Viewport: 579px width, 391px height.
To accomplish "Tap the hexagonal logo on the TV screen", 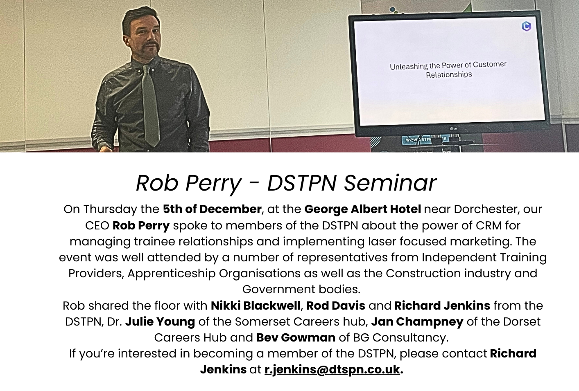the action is [x=527, y=26].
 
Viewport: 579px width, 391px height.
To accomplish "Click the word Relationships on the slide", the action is [x=449, y=75].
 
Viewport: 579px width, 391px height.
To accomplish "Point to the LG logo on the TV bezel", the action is [x=453, y=128].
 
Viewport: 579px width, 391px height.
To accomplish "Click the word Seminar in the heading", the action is [x=390, y=183].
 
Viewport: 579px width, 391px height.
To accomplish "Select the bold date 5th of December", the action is [x=212, y=209].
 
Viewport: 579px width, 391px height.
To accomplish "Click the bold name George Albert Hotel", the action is [x=363, y=209].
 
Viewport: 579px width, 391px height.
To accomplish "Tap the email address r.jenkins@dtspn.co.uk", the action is [x=332, y=369].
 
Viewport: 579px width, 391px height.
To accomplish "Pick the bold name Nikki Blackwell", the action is [x=256, y=306].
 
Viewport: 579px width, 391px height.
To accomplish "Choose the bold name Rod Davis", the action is [x=336, y=306].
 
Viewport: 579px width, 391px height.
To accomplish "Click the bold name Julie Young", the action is [x=160, y=322].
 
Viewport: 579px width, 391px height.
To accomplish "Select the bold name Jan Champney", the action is [x=417, y=322].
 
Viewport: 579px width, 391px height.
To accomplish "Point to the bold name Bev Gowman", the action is [x=296, y=337].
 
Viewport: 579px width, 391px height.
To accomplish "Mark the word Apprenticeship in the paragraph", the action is [x=172, y=274].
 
